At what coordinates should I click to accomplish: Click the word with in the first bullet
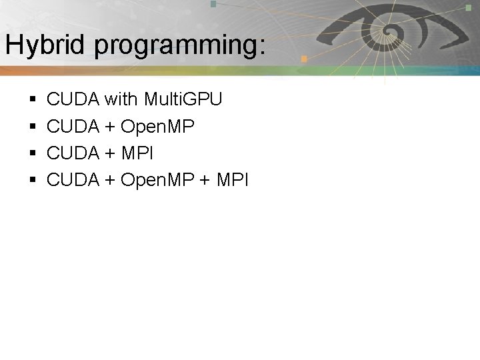[x=120, y=100]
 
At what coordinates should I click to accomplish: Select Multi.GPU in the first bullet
[x=181, y=100]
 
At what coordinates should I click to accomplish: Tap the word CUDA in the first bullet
[x=73, y=100]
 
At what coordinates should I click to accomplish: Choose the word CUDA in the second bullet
[x=73, y=127]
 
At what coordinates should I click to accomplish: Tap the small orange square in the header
[x=303, y=59]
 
